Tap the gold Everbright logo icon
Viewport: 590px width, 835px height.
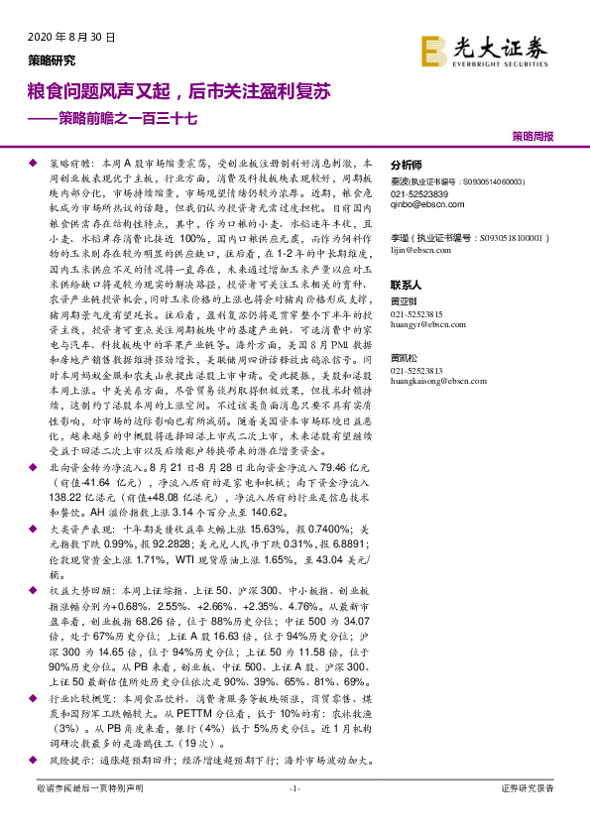point(433,51)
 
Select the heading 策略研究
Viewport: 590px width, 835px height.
point(50,60)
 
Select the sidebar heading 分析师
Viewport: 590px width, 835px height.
point(407,166)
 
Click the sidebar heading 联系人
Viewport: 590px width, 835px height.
point(407,283)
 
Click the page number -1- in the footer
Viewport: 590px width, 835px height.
point(294,815)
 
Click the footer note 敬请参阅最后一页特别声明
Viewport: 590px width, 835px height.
point(89,815)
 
